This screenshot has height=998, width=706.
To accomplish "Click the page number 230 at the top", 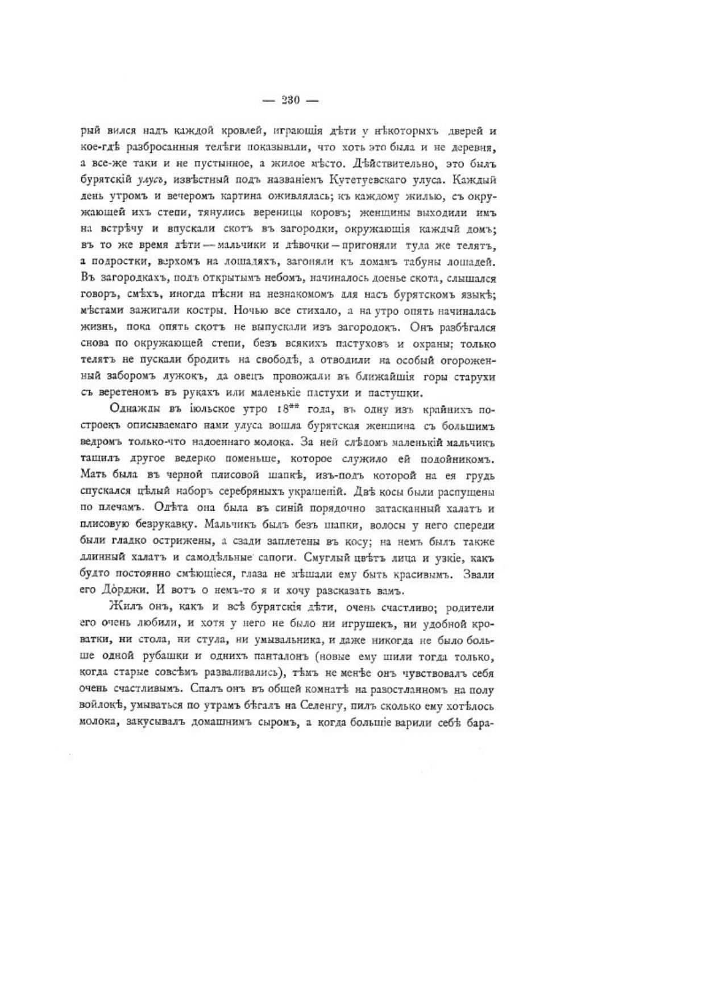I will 290,101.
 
